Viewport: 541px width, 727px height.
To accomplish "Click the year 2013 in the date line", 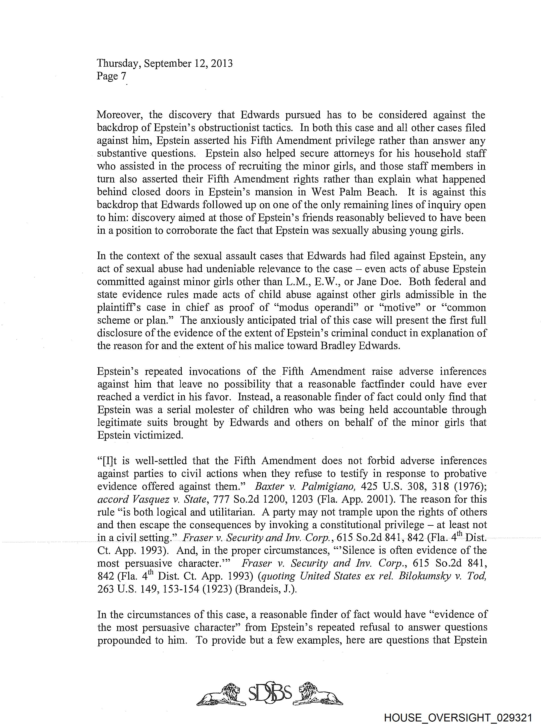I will (221, 63).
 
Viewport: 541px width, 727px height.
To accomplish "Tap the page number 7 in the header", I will (123, 76).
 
